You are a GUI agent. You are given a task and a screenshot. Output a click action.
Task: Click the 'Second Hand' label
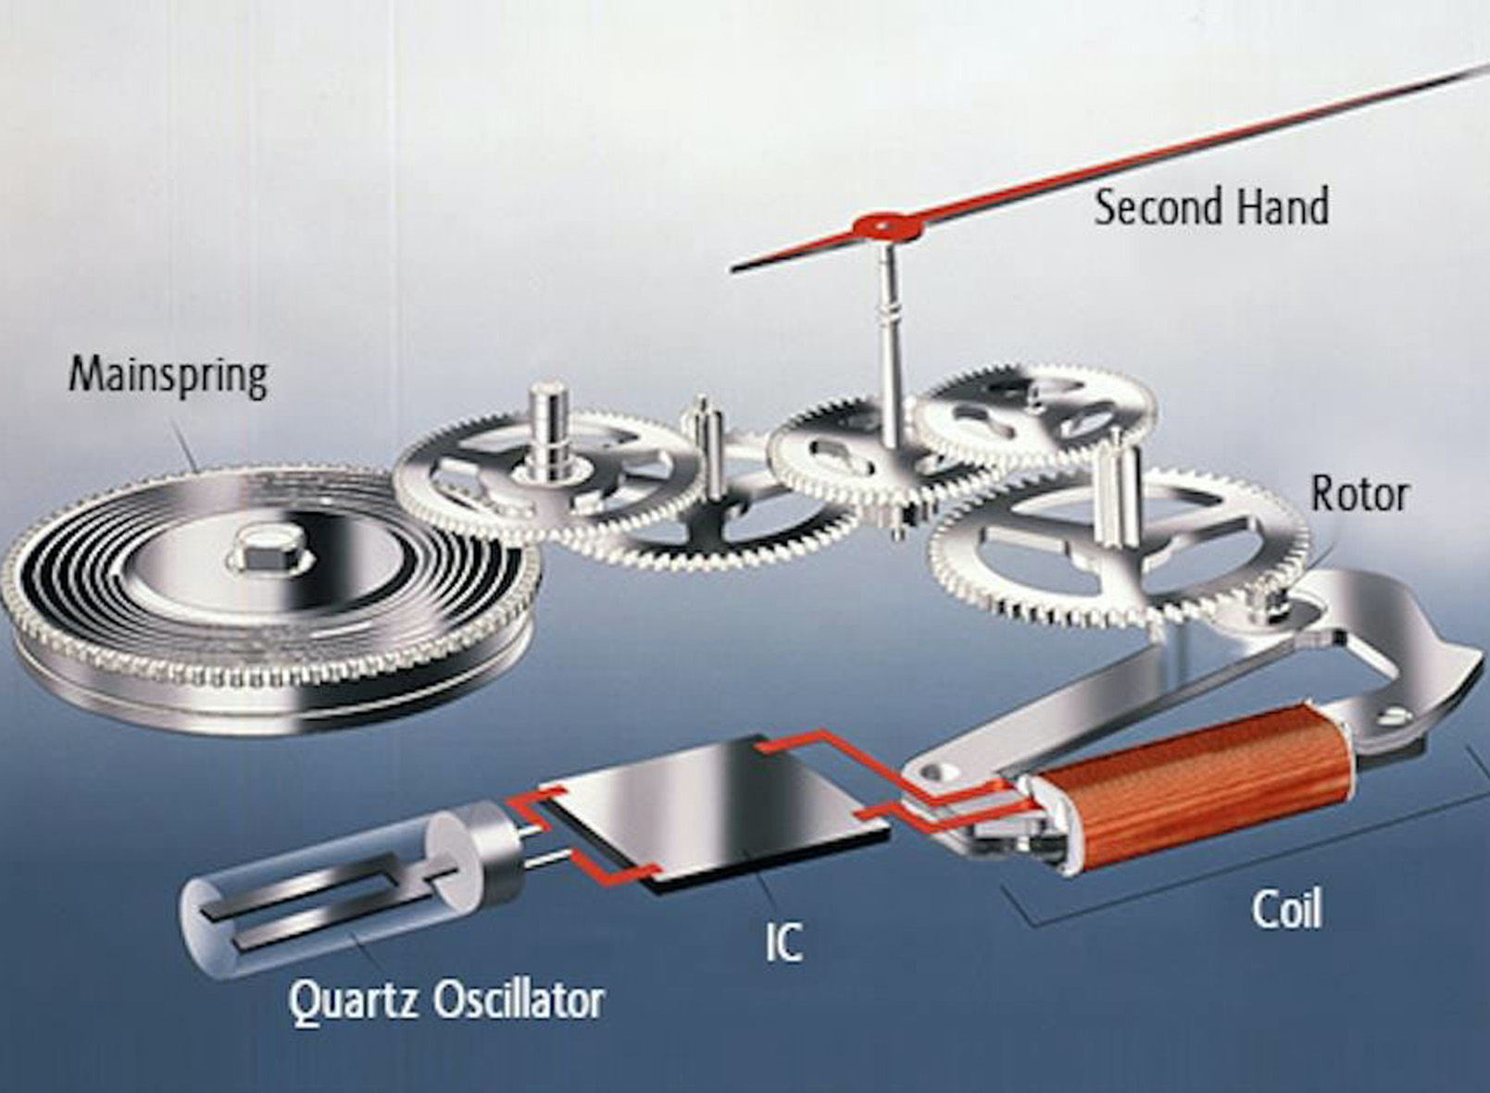[1211, 206]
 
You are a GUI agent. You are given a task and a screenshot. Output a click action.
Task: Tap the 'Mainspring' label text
[169, 376]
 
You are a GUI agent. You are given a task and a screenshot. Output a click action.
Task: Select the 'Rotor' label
[1359, 494]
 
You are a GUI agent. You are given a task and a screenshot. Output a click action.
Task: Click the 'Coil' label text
[1286, 909]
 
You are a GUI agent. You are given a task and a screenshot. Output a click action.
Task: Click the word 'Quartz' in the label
[352, 1000]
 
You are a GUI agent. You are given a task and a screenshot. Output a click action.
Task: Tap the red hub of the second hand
[883, 224]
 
